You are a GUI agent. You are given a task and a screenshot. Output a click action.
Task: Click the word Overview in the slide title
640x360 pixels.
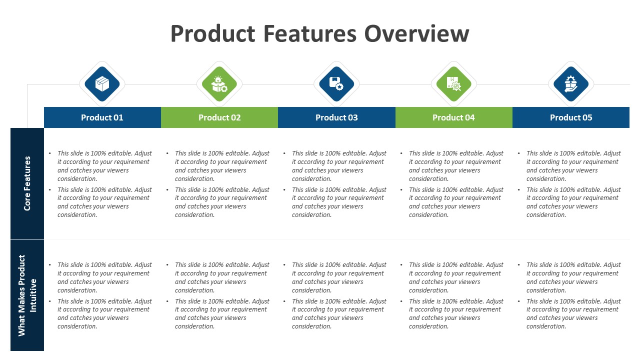(416, 34)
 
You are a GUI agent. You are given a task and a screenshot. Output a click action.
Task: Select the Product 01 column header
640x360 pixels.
(102, 117)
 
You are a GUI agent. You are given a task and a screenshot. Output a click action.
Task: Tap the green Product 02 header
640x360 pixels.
(219, 117)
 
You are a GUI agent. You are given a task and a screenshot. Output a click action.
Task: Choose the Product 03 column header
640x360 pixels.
(336, 117)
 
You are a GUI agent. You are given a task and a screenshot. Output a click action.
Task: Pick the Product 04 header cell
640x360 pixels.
(453, 117)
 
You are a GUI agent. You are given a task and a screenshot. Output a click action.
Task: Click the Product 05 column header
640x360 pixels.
(571, 117)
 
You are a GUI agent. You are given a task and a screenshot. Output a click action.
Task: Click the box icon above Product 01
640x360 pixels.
(102, 84)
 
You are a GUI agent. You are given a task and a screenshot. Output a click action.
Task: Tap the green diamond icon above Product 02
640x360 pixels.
(219, 84)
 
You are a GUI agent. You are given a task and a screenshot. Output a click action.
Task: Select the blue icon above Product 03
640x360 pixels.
(336, 84)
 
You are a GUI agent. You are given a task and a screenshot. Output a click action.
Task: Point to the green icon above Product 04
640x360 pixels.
(453, 84)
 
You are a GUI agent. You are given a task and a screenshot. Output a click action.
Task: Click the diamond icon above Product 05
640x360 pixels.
(571, 84)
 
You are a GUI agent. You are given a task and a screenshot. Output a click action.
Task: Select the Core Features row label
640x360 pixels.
(27, 183)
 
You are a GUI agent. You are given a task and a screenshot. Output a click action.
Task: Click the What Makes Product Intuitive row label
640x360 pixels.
(27, 295)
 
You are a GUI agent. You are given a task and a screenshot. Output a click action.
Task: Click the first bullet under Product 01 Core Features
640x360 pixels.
(104, 166)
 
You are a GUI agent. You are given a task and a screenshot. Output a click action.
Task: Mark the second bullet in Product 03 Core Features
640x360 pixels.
(338, 202)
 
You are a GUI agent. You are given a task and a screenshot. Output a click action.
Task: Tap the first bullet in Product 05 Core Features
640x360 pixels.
(573, 166)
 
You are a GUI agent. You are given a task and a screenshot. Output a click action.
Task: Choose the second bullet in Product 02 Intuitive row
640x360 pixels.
(221, 313)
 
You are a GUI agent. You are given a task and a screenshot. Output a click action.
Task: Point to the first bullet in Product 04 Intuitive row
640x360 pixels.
(455, 277)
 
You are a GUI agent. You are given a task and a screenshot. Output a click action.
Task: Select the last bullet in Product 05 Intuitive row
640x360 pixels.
(573, 313)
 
